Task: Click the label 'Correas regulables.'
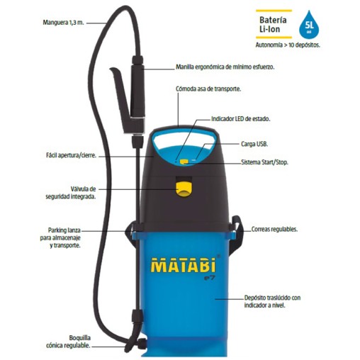tap(274, 230)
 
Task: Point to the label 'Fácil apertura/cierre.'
tap(68, 155)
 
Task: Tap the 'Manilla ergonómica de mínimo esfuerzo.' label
tap(225, 67)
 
